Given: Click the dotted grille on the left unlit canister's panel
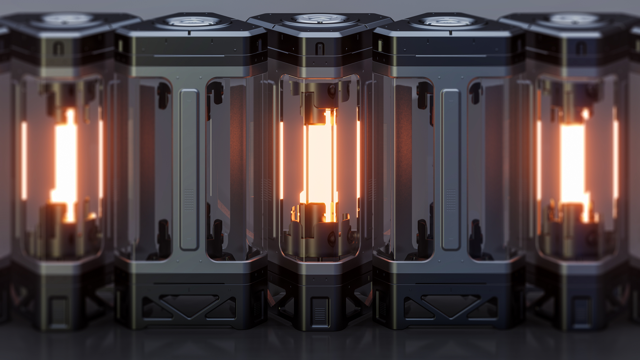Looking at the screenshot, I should pos(189,200).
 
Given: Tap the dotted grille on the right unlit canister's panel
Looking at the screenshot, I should pos(451,200).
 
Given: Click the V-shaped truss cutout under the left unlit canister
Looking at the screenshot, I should pos(189,305).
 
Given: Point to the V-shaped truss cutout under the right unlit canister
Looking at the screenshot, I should pos(451,305).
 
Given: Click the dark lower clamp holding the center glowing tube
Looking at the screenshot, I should pos(315,213).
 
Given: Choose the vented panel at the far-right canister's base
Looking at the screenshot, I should pos(582,312).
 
